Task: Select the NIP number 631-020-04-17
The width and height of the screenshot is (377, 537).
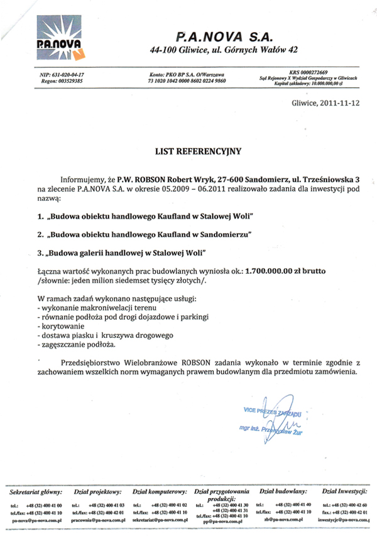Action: click(65, 75)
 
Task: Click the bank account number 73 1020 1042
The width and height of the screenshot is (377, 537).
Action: click(187, 82)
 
